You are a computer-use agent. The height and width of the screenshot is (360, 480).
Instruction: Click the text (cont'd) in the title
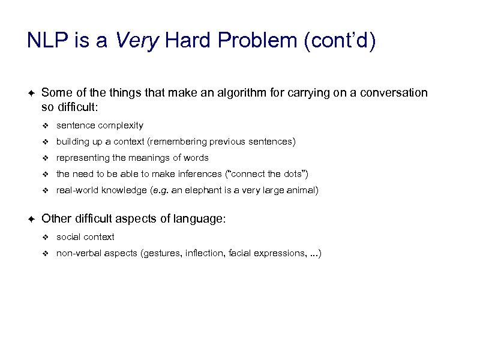click(341, 41)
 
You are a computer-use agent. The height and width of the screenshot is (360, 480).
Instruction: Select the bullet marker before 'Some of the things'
click(31, 93)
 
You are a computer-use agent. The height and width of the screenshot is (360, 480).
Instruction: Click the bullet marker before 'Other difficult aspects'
click(31, 220)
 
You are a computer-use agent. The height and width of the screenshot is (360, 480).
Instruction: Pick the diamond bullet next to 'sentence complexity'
click(44, 125)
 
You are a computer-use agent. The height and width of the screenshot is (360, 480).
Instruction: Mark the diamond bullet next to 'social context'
click(44, 237)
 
